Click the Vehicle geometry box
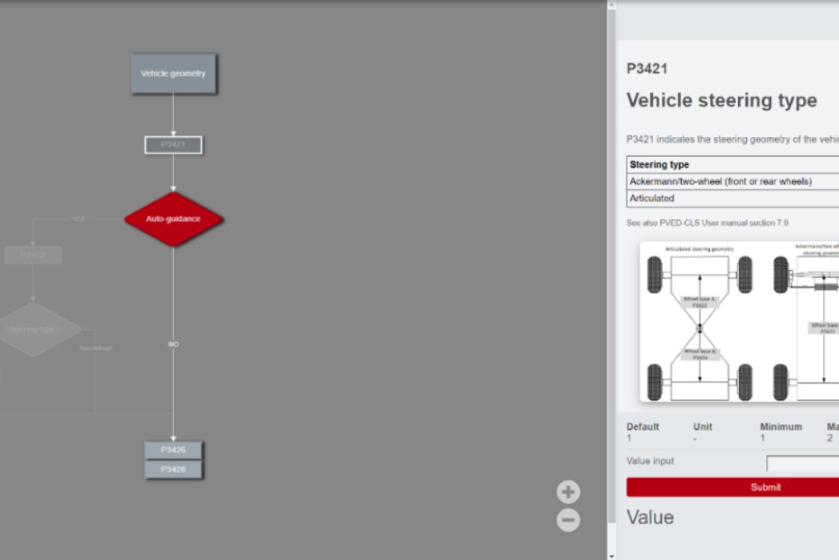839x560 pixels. click(x=173, y=73)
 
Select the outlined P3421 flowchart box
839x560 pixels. click(x=173, y=145)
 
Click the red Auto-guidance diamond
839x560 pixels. click(x=173, y=219)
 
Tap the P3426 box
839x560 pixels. click(x=173, y=450)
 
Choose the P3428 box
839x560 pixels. click(x=173, y=469)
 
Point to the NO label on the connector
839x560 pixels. click(x=173, y=344)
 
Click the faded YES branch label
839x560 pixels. click(x=78, y=219)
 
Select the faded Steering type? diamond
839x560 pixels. click(x=34, y=329)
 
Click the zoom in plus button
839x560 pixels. click(x=568, y=492)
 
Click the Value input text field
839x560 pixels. click(x=802, y=463)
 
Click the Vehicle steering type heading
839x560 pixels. click(x=721, y=100)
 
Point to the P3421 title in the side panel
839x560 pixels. click(x=646, y=69)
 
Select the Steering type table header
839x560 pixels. click(x=659, y=165)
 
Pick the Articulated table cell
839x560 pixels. click(x=652, y=199)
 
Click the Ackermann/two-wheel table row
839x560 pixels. click(x=720, y=181)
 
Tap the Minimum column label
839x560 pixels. click(x=781, y=427)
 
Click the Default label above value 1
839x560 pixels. click(x=643, y=427)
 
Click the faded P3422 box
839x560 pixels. click(x=33, y=255)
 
